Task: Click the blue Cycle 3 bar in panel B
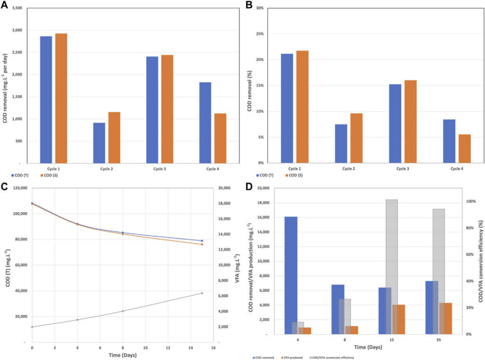394,123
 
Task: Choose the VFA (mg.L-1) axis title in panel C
237,264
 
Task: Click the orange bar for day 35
446,318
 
